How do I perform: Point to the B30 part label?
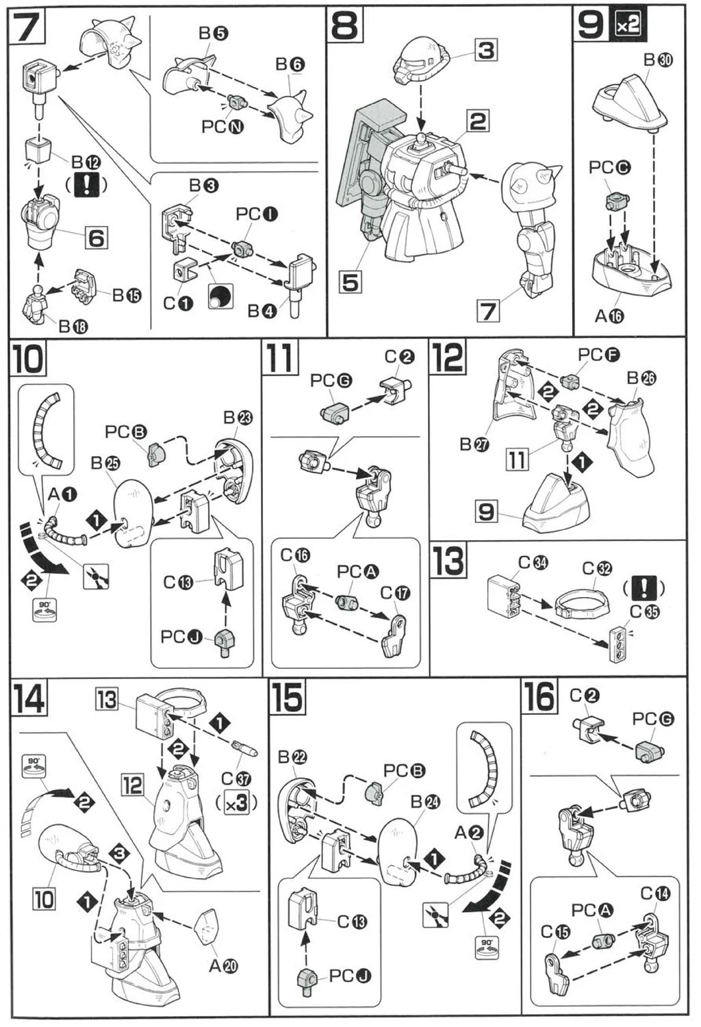[658, 60]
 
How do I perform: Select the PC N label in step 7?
[223, 127]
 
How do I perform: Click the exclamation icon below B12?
[87, 185]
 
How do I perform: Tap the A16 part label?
[609, 316]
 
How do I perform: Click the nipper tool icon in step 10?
[96, 577]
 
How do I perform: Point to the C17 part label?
[395, 593]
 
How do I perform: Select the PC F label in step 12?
[598, 355]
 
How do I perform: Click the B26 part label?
[641, 379]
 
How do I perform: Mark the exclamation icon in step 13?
[644, 587]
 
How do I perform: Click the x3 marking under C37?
[236, 803]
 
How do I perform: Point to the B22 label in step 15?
[292, 757]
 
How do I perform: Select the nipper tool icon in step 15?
[436, 915]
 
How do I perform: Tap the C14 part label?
[655, 893]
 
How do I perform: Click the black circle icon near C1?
[220, 296]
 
